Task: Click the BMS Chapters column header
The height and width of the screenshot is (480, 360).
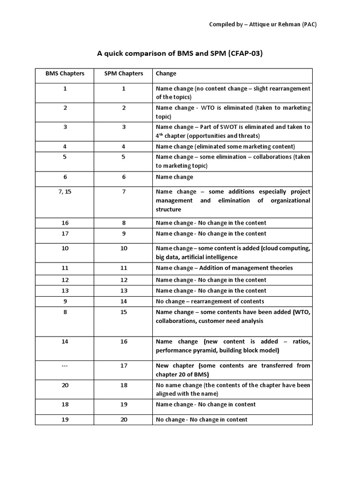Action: point(65,74)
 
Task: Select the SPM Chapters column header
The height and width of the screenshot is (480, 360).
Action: point(124,74)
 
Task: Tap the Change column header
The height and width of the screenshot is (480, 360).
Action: point(166,74)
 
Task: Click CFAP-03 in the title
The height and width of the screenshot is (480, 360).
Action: point(245,53)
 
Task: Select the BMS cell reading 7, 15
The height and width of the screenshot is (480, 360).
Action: point(65,192)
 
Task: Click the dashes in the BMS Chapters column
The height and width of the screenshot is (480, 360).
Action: point(65,366)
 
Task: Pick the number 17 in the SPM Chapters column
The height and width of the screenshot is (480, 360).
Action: point(124,366)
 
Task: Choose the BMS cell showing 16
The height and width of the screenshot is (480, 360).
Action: point(65,223)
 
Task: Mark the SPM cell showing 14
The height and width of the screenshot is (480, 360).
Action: point(124,301)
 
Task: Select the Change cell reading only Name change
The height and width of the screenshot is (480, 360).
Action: point(174,177)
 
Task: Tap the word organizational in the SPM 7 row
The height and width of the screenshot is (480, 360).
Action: point(290,201)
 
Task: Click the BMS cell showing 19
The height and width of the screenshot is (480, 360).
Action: point(65,420)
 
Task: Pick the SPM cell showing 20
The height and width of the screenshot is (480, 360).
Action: point(124,420)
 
